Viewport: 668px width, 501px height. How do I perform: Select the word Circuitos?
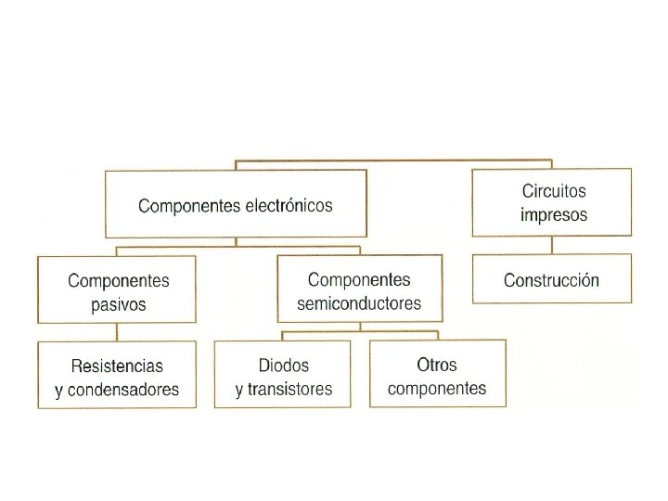[x=553, y=192]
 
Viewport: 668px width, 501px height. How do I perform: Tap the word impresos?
[x=553, y=214]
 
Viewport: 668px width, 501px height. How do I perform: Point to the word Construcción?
[x=551, y=280]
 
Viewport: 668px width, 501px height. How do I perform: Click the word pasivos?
[x=118, y=303]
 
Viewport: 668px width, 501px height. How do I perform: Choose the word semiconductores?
[x=358, y=302]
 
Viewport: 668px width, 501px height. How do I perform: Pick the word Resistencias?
[x=117, y=366]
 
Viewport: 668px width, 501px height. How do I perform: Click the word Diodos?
[x=284, y=366]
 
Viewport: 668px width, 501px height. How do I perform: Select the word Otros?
[x=437, y=365]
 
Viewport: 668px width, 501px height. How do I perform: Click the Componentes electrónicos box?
[x=236, y=203]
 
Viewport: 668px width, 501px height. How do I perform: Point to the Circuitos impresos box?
[x=552, y=202]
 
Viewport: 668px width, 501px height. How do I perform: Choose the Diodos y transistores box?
[x=283, y=374]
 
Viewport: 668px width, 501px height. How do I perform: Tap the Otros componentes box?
[x=438, y=373]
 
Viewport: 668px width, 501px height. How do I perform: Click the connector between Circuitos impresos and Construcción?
[x=552, y=245]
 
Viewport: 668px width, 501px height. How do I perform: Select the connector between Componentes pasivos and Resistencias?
[x=117, y=332]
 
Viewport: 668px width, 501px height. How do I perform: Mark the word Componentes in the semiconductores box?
[x=358, y=279]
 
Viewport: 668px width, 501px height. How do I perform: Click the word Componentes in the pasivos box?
[x=118, y=280]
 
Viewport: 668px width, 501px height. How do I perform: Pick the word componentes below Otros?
[x=437, y=388]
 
